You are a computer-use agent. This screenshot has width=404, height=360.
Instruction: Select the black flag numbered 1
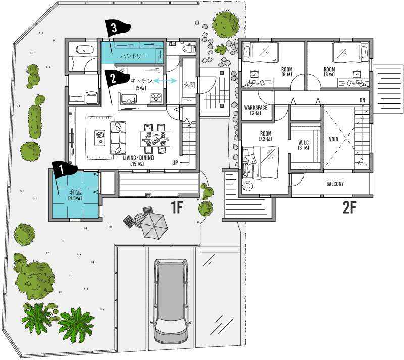tap(63, 169)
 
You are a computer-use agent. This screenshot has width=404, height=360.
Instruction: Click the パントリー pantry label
tap(134, 56)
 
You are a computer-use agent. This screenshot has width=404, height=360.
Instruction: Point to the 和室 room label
tap(75, 192)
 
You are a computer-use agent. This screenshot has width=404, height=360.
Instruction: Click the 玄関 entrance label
tap(189, 85)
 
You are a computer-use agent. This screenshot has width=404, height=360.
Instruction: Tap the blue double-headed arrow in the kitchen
tap(165, 81)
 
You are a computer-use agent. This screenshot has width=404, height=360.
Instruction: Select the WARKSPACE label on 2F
tap(256, 107)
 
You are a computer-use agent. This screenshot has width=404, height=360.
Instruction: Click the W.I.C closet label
tap(304, 142)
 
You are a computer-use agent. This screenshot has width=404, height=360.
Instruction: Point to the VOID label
tap(333, 139)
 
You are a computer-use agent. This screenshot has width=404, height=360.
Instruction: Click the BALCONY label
tap(335, 184)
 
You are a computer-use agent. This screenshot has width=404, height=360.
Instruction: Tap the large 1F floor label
tap(177, 208)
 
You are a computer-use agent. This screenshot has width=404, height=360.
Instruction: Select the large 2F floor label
tap(349, 208)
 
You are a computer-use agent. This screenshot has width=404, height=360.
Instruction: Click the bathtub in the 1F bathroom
tap(84, 49)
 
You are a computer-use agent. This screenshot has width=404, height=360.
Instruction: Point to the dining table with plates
tap(155, 139)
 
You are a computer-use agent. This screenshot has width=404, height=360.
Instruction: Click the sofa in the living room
tap(118, 138)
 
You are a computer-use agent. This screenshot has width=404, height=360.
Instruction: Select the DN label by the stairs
tap(362, 100)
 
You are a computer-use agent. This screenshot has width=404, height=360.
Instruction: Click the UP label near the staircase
tap(175, 163)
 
